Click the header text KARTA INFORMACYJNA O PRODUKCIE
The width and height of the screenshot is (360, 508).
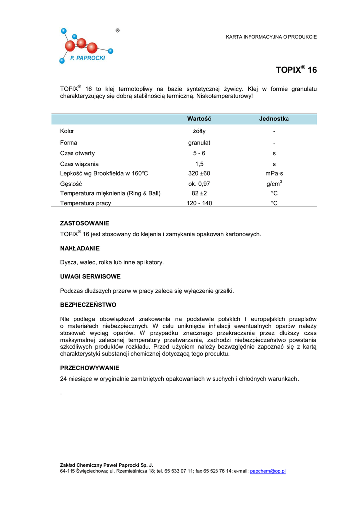coord(271,37)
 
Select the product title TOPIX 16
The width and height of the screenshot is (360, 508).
coord(296,70)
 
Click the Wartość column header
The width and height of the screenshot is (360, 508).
coord(199,119)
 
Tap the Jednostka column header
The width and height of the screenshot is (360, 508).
coord(274,119)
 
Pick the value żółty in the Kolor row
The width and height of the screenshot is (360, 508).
coord(199,131)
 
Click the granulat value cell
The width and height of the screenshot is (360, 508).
coord(199,143)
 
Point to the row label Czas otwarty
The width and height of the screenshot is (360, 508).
coord(77,153)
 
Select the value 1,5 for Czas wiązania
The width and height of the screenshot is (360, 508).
coord(199,164)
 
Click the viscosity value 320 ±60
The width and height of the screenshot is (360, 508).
coord(199,173)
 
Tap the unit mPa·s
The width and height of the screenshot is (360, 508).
coord(274,173)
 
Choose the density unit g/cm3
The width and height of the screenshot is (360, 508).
coord(274,184)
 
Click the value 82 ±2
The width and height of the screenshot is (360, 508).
coord(199,193)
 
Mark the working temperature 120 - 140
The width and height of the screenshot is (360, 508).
coord(199,203)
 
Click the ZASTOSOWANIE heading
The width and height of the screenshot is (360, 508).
coord(84,223)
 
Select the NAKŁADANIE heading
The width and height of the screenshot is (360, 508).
coord(80,248)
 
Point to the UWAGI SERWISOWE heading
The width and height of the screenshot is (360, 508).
coord(90,276)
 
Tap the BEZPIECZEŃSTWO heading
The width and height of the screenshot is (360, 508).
coord(88,305)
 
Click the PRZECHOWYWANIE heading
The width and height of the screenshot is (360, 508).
coord(89,368)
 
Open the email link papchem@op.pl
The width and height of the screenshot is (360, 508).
coord(268,471)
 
